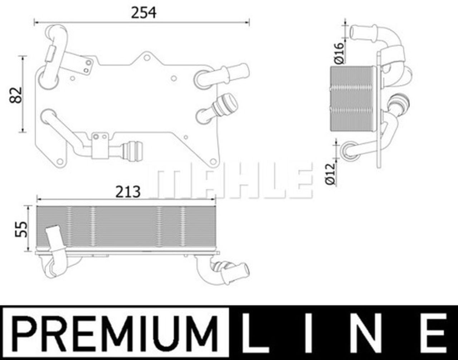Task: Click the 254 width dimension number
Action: click(x=143, y=13)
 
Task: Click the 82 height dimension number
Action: click(x=16, y=95)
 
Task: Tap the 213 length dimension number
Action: click(x=128, y=192)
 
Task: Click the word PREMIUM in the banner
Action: click(x=116, y=333)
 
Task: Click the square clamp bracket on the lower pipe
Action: click(x=100, y=146)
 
